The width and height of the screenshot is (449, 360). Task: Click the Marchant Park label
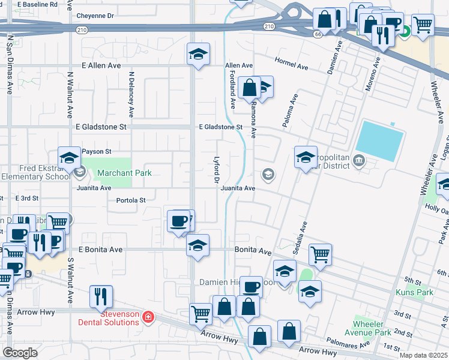click(x=125, y=173)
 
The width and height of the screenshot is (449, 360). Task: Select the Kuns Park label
click(x=414, y=292)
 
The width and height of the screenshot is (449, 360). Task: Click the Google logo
click(x=20, y=352)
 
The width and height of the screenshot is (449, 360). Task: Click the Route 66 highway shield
click(x=317, y=34)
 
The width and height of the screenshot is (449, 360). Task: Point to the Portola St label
click(x=131, y=200)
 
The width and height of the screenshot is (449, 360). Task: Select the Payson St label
click(x=96, y=152)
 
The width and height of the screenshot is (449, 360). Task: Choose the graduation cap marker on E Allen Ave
click(x=199, y=55)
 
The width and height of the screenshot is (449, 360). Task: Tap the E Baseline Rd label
click(x=38, y=4)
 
